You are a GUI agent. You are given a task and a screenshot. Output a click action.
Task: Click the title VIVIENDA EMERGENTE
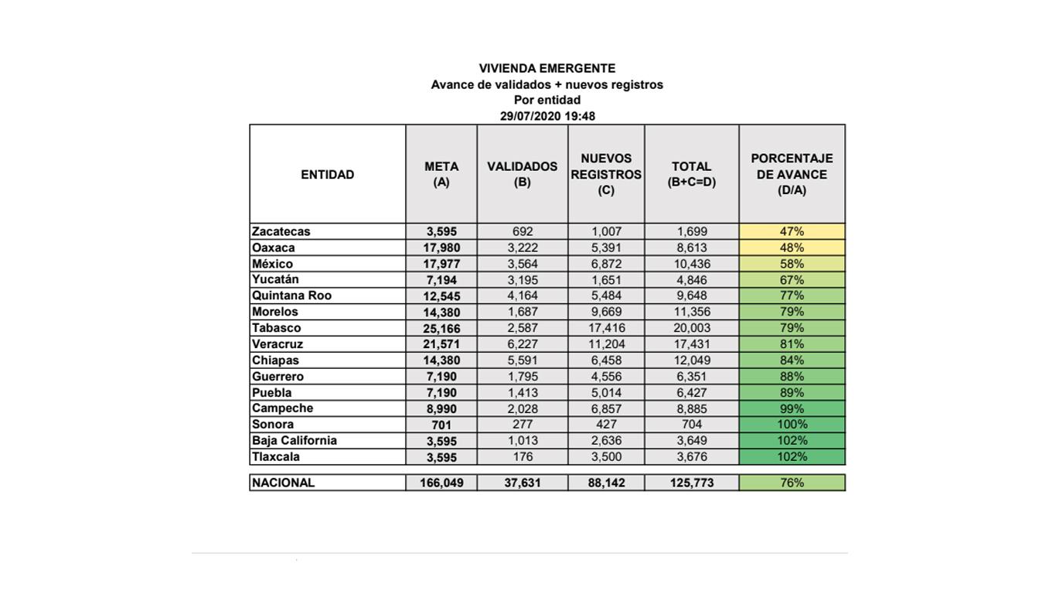coord(547,69)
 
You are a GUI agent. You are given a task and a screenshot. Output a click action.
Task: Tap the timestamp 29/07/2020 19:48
coord(547,115)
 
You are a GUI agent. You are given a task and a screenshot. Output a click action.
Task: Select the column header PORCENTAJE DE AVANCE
coord(792,174)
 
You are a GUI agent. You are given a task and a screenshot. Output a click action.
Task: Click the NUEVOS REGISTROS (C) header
coord(606,174)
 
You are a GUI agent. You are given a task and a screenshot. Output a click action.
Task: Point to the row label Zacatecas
coord(281,231)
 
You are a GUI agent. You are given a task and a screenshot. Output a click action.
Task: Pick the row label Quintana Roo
coord(291,295)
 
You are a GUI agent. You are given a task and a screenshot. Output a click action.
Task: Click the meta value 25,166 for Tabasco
coord(441,328)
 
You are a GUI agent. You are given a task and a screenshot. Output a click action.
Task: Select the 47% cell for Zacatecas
coord(792,231)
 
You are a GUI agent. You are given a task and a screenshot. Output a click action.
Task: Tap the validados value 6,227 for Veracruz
coord(522,344)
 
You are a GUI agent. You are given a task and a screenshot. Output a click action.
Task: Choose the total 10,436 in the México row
coord(691,264)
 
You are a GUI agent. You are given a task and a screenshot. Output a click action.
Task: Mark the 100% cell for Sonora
coord(792,425)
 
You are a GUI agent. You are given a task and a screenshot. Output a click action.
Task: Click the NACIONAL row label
coord(284,483)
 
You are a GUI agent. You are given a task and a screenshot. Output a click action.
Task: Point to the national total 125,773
coord(691,483)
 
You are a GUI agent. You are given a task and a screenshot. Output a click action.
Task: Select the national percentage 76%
coord(792,483)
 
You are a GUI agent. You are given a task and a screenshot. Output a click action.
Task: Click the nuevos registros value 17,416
coord(606,328)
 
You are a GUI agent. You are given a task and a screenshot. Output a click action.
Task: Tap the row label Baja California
coord(295,441)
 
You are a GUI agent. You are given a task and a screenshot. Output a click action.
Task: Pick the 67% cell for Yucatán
coord(792,280)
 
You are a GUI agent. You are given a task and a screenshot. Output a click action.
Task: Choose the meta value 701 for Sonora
coord(441,425)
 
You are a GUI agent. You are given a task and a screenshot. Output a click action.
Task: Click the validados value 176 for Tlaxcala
coord(522,457)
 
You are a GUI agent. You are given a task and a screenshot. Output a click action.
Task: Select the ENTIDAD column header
coord(328,175)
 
